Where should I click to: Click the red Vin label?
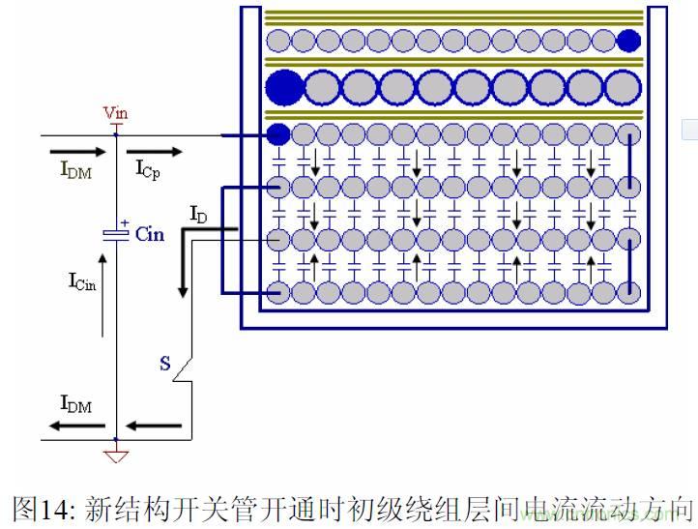[x=116, y=113]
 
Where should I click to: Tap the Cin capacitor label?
[x=150, y=234]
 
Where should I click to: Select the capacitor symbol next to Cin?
[x=116, y=233]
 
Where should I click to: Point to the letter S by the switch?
[x=165, y=365]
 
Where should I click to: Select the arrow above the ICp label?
[x=160, y=151]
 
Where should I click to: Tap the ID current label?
[x=198, y=214]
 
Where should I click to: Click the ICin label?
[x=83, y=281]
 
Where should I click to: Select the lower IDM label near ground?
[x=75, y=404]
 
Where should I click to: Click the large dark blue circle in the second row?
[x=284, y=87]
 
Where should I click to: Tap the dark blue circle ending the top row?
[x=628, y=40]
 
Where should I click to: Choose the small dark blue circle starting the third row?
[x=277, y=134]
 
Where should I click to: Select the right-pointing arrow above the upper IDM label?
[x=76, y=151]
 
